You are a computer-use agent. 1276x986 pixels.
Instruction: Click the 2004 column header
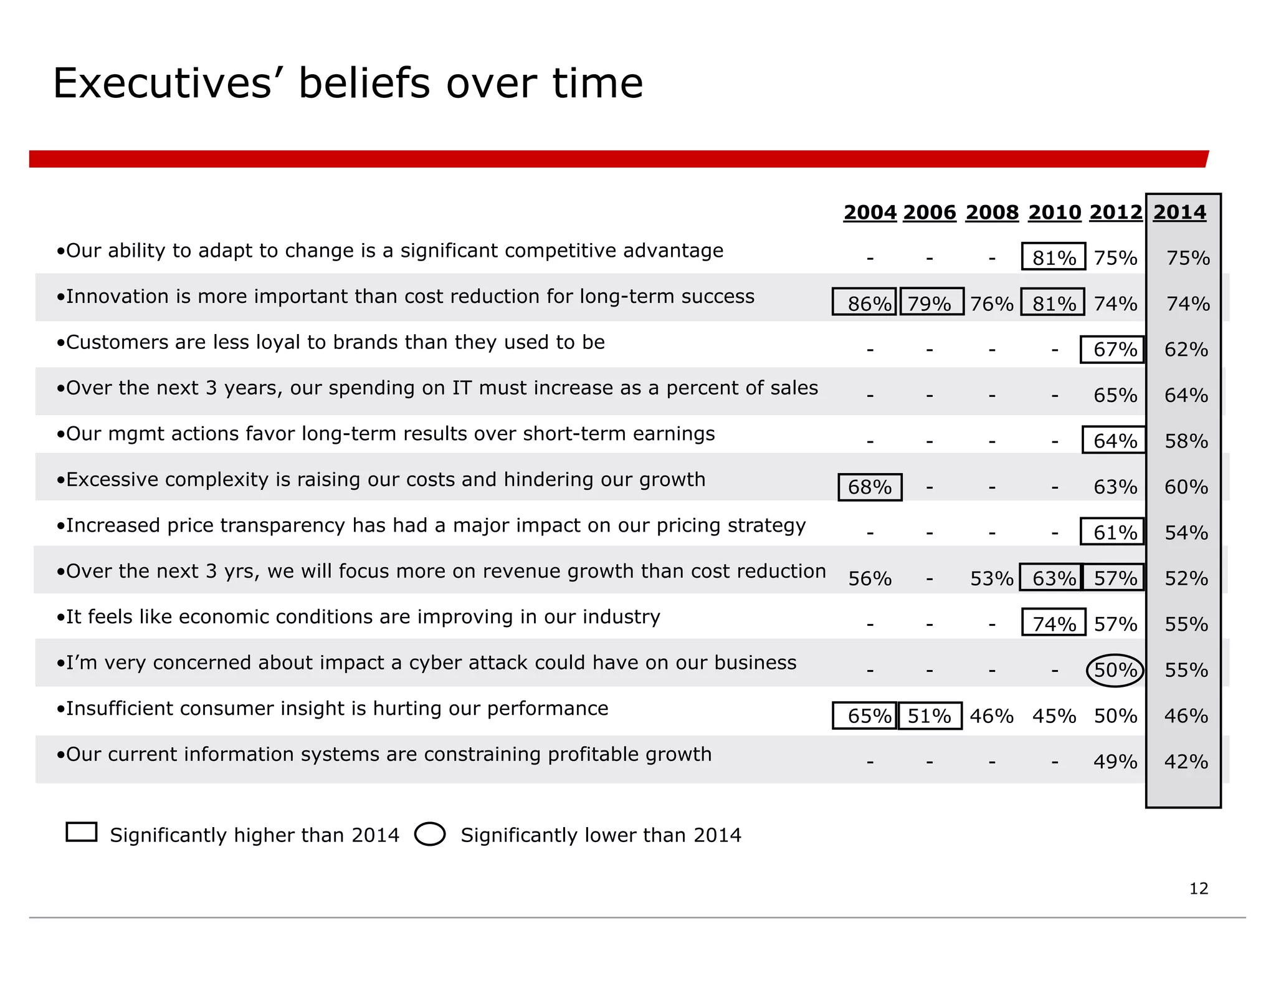coord(869,213)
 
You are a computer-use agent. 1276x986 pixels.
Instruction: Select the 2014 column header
coord(1179,213)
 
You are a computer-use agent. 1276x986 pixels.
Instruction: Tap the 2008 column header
coord(992,213)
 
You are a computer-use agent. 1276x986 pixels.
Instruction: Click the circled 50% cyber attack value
coord(1115,670)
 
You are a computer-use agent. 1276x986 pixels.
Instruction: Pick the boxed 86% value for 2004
coord(864,302)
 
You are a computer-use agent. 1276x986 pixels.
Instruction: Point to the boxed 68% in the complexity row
coord(870,487)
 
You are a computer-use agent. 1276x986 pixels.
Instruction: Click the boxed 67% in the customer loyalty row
coord(1113,349)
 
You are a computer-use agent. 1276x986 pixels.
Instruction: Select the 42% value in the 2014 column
coord(1186,762)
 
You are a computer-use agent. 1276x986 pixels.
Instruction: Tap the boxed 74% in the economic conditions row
coord(1054,623)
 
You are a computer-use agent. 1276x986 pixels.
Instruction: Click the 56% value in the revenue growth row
coord(870,578)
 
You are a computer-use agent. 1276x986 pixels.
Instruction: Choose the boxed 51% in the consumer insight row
coord(930,716)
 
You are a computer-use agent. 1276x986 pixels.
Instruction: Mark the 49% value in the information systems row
coord(1115,762)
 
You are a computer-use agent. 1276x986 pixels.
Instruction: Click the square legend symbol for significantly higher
coord(82,833)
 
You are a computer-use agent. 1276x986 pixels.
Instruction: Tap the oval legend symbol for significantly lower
coord(430,834)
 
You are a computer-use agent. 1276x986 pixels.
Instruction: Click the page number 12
coord(1198,889)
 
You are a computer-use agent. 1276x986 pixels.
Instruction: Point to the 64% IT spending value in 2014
coord(1186,395)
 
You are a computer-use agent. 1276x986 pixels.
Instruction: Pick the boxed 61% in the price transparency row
coord(1113,532)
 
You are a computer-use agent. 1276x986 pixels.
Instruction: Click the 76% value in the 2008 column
coord(992,304)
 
